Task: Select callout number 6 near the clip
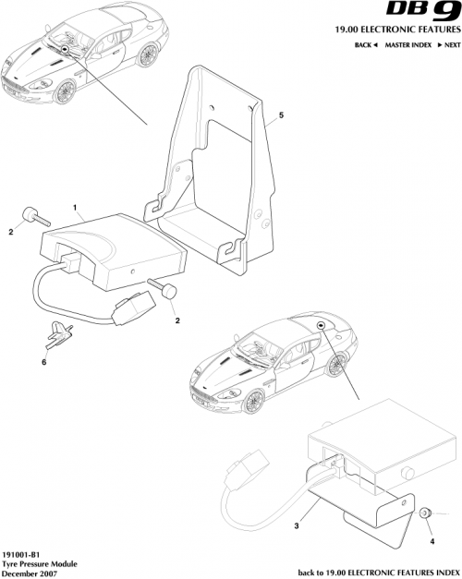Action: [43, 364]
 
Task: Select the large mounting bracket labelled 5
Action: [222, 175]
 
